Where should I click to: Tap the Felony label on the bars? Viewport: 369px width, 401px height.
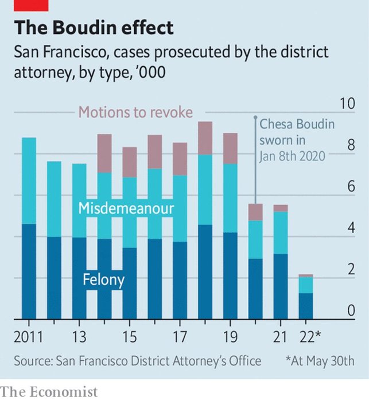click(x=104, y=280)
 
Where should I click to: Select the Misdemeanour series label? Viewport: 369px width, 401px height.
click(x=126, y=208)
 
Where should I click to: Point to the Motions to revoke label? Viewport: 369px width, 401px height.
click(x=135, y=112)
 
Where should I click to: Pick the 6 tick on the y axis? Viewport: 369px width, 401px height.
click(x=351, y=186)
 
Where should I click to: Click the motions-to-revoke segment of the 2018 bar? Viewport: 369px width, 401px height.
click(x=205, y=138)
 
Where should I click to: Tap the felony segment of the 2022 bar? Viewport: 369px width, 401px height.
click(x=305, y=306)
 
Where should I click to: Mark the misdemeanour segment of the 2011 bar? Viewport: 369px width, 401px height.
click(x=29, y=180)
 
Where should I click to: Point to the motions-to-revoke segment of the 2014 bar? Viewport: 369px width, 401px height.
click(x=104, y=153)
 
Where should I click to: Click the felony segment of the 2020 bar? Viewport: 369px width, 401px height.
click(x=255, y=289)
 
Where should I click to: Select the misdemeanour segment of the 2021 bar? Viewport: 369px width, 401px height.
click(x=281, y=233)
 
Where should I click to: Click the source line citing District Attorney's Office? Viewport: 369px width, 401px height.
click(x=138, y=361)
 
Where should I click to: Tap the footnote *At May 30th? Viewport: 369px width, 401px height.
click(x=320, y=361)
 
